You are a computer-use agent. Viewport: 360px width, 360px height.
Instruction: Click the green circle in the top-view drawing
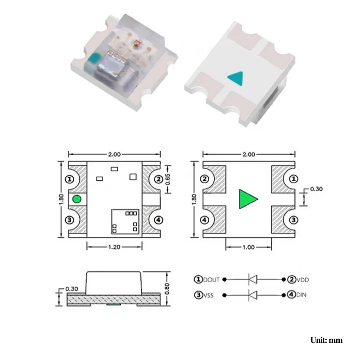pos(76,199)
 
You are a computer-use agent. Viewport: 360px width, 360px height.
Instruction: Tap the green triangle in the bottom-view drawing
pos(247,199)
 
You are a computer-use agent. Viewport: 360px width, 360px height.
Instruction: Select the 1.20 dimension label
pos(114,247)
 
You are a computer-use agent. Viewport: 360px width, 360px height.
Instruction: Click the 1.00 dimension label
pos(248,247)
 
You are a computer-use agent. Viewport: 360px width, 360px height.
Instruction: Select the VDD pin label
pos(301,279)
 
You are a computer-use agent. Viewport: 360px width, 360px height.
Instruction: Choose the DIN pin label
pos(299,295)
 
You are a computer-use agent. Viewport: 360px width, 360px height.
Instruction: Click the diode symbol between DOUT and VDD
pos(253,279)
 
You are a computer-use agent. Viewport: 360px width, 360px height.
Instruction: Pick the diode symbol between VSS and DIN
pos(253,295)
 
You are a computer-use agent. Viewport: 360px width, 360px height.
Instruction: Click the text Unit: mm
pos(326,340)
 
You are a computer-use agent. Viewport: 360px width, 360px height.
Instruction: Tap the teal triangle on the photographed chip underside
pos(234,77)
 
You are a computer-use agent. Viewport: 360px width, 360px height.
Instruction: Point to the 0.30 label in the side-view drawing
pos(72,288)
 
